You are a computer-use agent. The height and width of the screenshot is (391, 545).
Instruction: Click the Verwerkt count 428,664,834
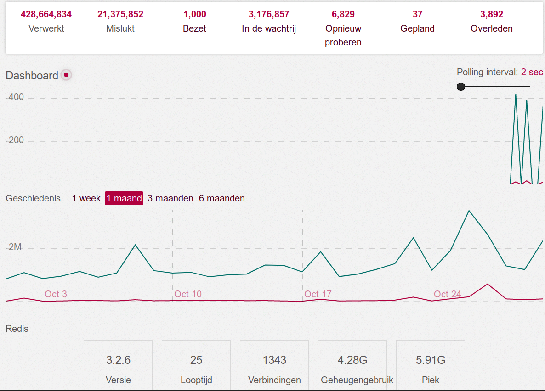pos(46,14)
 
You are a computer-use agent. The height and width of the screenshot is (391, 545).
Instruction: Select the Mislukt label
pos(120,28)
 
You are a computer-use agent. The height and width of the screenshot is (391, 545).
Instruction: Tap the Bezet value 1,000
pos(194,14)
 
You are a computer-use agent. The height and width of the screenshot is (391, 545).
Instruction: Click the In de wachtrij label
pos(269,28)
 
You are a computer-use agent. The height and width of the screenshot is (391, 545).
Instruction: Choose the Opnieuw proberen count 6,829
pos(343,14)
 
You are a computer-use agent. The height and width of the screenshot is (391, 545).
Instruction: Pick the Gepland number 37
pos(417,14)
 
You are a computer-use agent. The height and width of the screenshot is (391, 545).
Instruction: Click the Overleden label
pos(491,28)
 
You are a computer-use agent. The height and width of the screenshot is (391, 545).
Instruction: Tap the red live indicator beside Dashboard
pos(66,75)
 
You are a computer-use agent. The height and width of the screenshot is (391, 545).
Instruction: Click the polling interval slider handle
pos(461,87)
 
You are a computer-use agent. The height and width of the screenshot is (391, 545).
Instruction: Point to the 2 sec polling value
pos(532,72)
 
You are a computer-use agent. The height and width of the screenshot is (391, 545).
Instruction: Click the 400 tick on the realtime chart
pos(16,98)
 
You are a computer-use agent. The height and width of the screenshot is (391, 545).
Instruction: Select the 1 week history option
pos(86,198)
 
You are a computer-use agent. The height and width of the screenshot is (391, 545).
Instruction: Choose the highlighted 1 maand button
pos(124,198)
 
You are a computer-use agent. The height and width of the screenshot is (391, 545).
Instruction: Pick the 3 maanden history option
pos(170,198)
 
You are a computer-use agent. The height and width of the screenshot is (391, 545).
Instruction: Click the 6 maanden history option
pos(222,198)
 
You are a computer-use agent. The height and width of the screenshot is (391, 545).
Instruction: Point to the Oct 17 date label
pos(318,294)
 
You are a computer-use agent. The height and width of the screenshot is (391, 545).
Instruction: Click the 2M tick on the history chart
pos(15,247)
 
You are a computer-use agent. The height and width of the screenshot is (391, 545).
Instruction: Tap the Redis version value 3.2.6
pos(118,360)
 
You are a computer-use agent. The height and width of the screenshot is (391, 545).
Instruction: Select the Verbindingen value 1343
pos(274,360)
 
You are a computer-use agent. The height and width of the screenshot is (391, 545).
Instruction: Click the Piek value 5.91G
pos(431,360)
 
